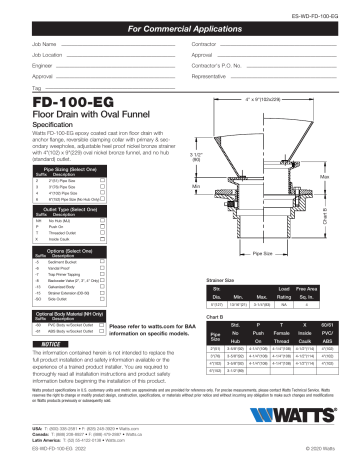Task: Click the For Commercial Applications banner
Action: [x=180, y=31]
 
